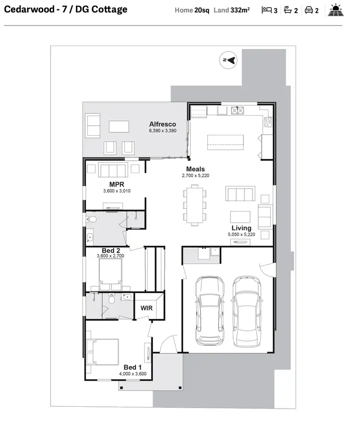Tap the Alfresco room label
[162, 124]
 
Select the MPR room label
[117, 185]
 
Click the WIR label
[146, 308]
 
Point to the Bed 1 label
[132, 367]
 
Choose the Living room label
[241, 228]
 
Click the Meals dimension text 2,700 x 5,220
[195, 176]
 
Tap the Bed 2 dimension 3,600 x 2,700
[110, 256]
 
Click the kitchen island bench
[226, 142]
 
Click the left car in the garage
[209, 310]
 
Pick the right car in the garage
[247, 310]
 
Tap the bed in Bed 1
[102, 352]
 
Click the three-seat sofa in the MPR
[113, 170]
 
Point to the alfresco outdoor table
[119, 126]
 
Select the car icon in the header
[309, 10]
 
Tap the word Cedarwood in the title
[26, 9]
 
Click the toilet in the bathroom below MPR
[92, 219]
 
